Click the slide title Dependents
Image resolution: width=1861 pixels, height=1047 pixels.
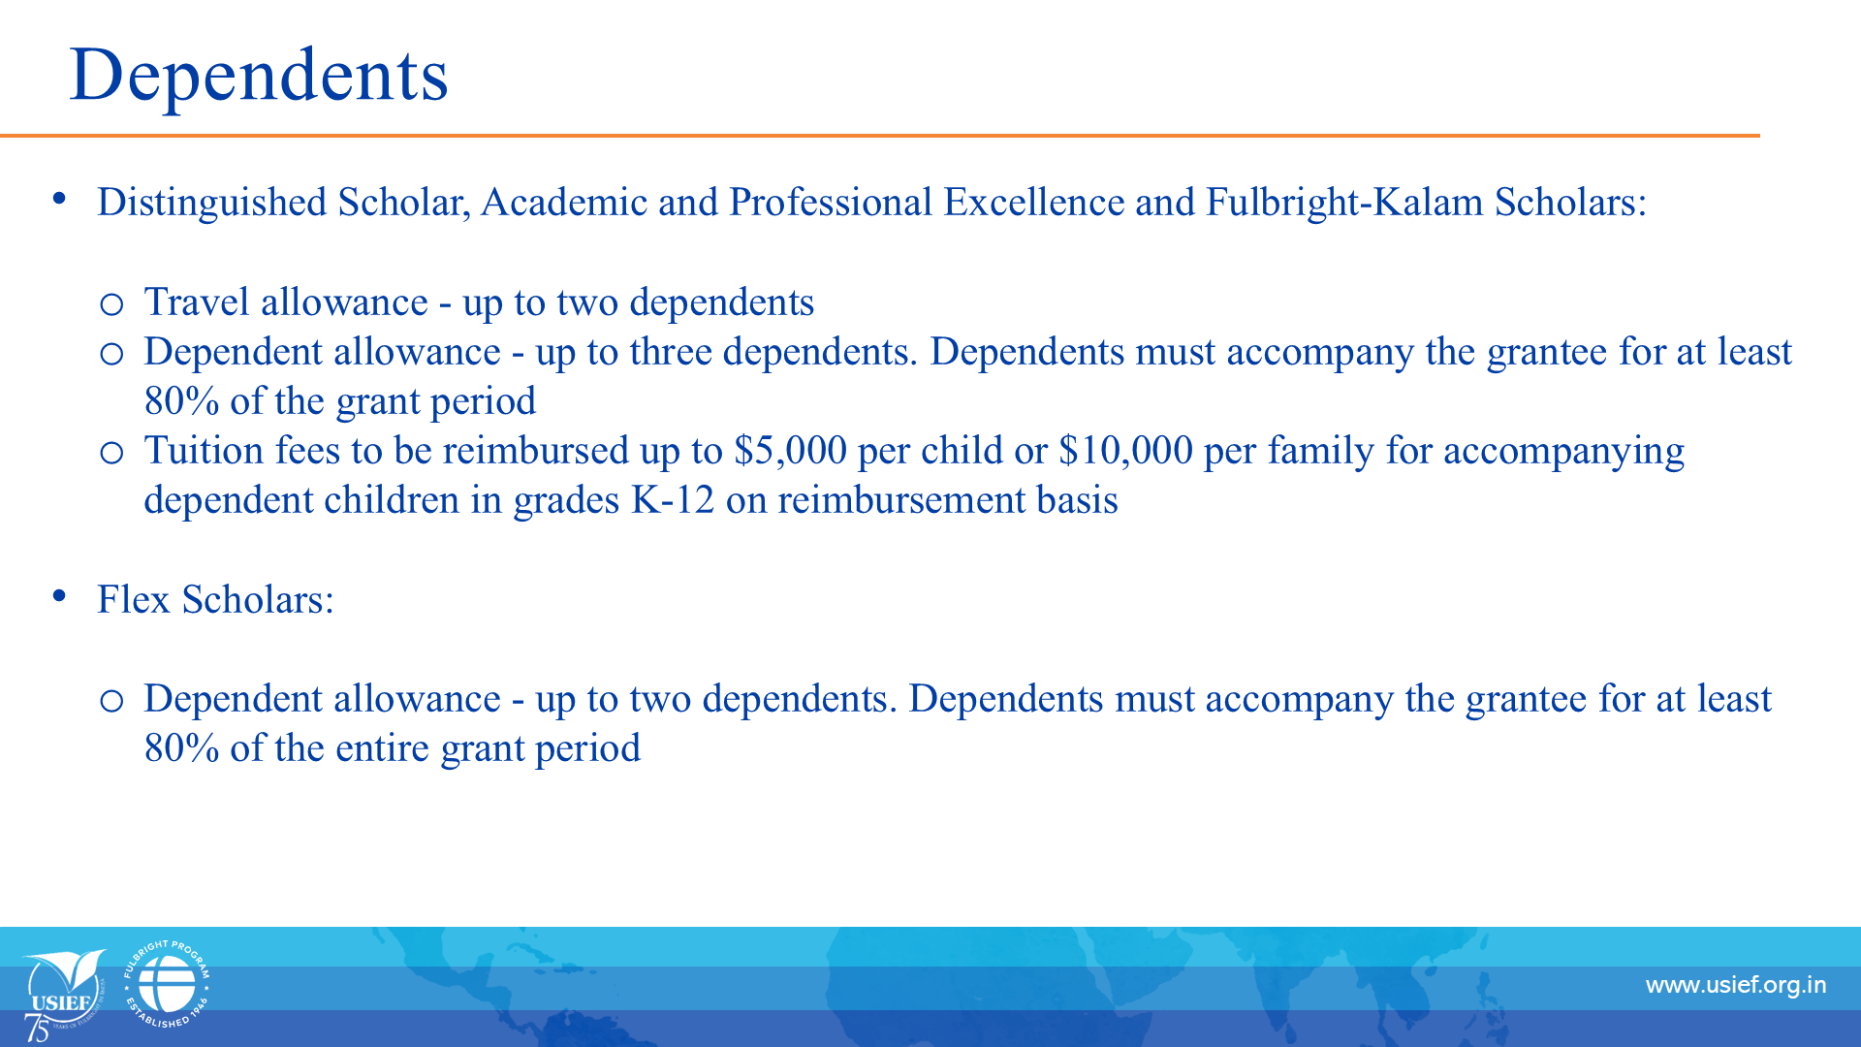pos(259,75)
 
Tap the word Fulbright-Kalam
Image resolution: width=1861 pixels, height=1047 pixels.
pos(1344,203)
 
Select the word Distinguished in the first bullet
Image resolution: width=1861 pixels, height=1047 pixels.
pos(212,203)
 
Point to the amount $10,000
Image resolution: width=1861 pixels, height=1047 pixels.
pos(1125,451)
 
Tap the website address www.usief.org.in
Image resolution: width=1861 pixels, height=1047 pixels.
pos(1736,986)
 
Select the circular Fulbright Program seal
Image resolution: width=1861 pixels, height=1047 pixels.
pos(167,984)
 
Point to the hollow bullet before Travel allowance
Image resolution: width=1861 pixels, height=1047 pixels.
pos(111,305)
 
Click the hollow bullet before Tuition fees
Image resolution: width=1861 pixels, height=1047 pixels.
pos(111,453)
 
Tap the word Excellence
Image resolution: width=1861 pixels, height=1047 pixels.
pos(1034,203)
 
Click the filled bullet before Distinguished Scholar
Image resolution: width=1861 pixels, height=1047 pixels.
pos(60,199)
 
